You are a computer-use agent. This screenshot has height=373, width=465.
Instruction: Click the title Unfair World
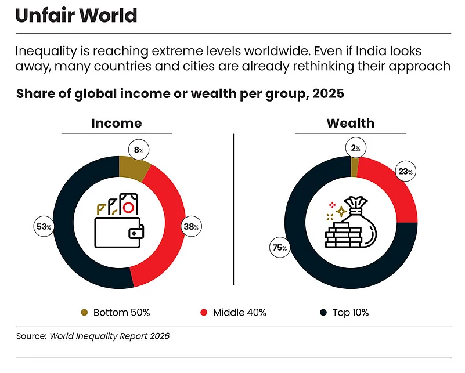tap(76, 15)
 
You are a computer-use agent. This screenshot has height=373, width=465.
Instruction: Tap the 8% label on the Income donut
tap(140, 150)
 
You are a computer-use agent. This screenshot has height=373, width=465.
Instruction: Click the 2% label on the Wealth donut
tap(355, 149)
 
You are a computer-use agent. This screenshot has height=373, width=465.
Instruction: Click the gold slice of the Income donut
tap(133, 168)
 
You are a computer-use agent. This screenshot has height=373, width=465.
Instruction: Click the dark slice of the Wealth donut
tap(325, 273)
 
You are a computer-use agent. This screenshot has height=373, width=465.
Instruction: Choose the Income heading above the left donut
tap(117, 123)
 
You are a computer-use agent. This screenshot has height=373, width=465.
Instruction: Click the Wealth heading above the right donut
tap(350, 123)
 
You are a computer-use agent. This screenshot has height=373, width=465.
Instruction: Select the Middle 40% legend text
tap(240, 313)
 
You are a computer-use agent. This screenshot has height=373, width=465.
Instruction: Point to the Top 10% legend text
tap(350, 313)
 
